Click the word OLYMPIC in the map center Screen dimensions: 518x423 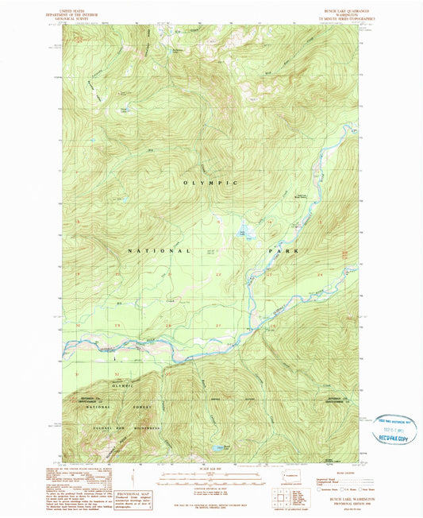(211, 183)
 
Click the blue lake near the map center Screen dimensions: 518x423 (247, 233)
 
